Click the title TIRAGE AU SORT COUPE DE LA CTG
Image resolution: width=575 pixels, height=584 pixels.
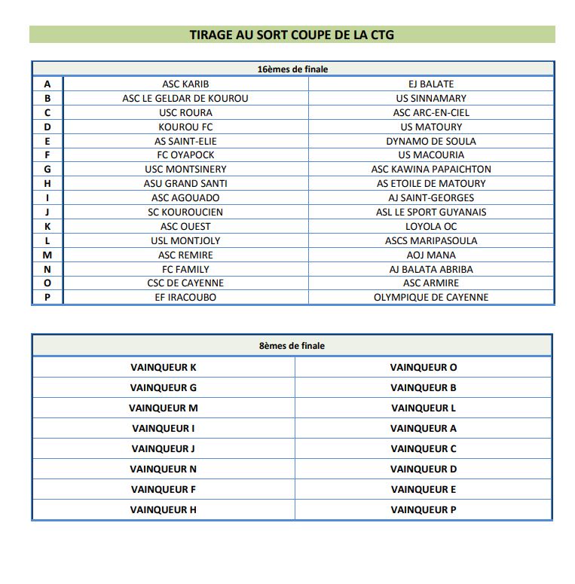[x=292, y=35]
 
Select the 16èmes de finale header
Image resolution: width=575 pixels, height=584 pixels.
[x=292, y=69]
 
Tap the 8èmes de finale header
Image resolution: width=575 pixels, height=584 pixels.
[x=292, y=346]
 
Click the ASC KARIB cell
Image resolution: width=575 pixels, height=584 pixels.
[x=185, y=84]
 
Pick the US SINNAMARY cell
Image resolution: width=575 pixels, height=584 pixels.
[x=431, y=98]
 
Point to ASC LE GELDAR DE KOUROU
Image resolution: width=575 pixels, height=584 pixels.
[x=185, y=98]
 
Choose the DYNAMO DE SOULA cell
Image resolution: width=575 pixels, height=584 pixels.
[x=431, y=141]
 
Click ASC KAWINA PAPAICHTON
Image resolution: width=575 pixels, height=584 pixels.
[x=431, y=170]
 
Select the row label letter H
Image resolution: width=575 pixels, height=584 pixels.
[x=47, y=183]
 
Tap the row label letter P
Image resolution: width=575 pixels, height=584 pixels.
[x=47, y=297]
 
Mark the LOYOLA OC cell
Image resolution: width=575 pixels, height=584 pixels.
[x=431, y=226]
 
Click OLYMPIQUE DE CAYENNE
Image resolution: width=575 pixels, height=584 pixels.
[x=431, y=297]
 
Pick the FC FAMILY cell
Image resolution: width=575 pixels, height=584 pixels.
[x=185, y=269]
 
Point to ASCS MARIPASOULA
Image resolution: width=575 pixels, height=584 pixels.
[x=431, y=240]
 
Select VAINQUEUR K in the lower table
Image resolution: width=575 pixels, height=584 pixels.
[x=163, y=368]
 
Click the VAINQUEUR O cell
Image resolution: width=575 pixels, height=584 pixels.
[x=424, y=368]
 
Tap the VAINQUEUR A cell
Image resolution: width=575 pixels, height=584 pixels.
[x=424, y=429]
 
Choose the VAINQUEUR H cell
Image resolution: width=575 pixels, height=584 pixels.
[x=163, y=510]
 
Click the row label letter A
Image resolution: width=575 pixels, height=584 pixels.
[x=47, y=84]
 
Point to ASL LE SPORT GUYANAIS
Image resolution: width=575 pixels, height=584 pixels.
[x=431, y=212]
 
